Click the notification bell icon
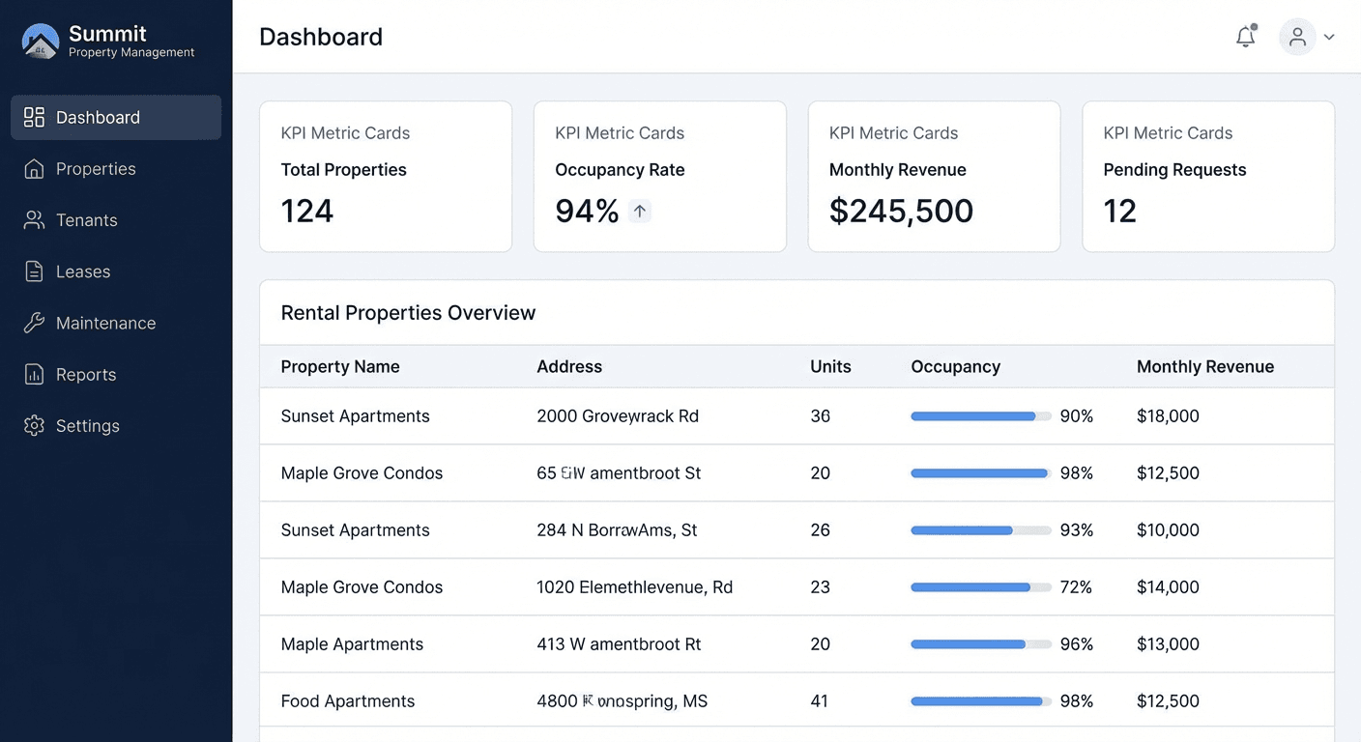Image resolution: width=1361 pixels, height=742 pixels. coord(1245,37)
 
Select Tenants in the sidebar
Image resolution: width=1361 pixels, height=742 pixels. coord(86,220)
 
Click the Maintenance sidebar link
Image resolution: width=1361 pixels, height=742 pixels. coord(105,323)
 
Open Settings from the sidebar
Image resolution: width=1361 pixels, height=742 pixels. coord(87,426)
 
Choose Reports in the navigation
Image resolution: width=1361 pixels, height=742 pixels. coord(85,375)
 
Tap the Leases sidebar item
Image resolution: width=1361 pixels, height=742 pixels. coord(82,271)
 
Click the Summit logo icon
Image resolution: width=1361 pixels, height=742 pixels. coord(41,42)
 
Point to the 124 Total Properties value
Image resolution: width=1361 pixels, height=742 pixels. coord(307,211)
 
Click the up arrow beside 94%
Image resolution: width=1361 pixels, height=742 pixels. coord(640,211)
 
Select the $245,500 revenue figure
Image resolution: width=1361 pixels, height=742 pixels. coord(901,211)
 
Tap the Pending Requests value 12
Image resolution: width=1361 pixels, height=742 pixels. coord(1119,211)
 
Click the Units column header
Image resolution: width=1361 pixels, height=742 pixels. coord(830,367)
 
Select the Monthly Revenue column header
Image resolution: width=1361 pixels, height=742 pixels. coord(1204,367)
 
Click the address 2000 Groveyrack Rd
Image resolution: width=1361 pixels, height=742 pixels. coord(618,416)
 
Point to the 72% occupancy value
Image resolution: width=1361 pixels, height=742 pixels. coord(1076,587)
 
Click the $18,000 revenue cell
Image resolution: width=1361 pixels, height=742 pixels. coord(1168,416)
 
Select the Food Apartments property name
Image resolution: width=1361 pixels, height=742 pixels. coord(348,701)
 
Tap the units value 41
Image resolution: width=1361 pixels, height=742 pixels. coord(820,701)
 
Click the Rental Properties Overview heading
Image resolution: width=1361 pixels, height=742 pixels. coord(408,313)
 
